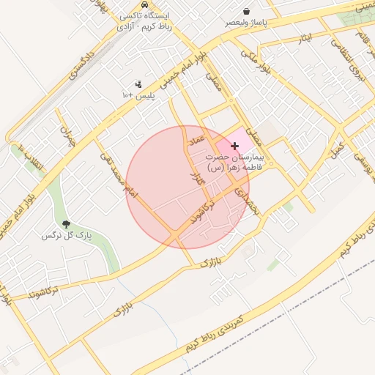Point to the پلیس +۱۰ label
[138, 96]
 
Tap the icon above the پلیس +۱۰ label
[138, 84]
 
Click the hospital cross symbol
[234, 146]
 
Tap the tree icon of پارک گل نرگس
[67, 225]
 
